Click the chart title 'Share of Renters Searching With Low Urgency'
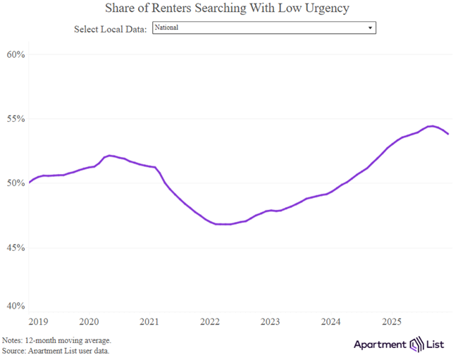(x=227, y=8)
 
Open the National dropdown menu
(x=264, y=28)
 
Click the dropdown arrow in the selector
(x=370, y=28)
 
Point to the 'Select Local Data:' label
(x=110, y=29)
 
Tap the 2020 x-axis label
(x=89, y=321)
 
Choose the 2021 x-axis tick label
(x=149, y=321)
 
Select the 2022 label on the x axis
(x=210, y=321)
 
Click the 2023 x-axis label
(x=271, y=321)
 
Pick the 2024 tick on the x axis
(x=331, y=321)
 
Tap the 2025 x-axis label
(x=392, y=321)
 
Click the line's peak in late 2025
(x=431, y=126)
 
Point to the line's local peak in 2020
(x=109, y=155)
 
